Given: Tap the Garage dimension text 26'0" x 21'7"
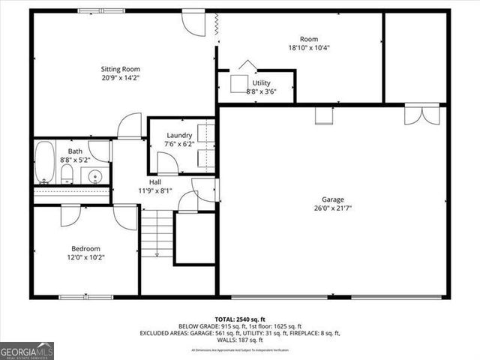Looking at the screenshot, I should point(333,208).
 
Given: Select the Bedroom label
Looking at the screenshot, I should point(85,248).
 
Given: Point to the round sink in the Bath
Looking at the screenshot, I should point(94,177).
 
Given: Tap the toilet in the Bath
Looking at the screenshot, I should point(67,175).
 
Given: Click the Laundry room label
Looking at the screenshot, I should point(180,136).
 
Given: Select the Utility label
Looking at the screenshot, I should point(262,83).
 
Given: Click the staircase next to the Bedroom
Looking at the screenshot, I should point(157,232).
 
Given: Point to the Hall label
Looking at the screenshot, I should point(154,182).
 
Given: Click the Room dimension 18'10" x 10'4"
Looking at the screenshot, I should point(309,47).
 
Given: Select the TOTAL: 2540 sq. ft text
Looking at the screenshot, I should point(239,319).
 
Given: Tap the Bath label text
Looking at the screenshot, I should point(75,151).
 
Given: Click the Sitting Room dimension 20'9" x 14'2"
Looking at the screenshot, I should point(121,77).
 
